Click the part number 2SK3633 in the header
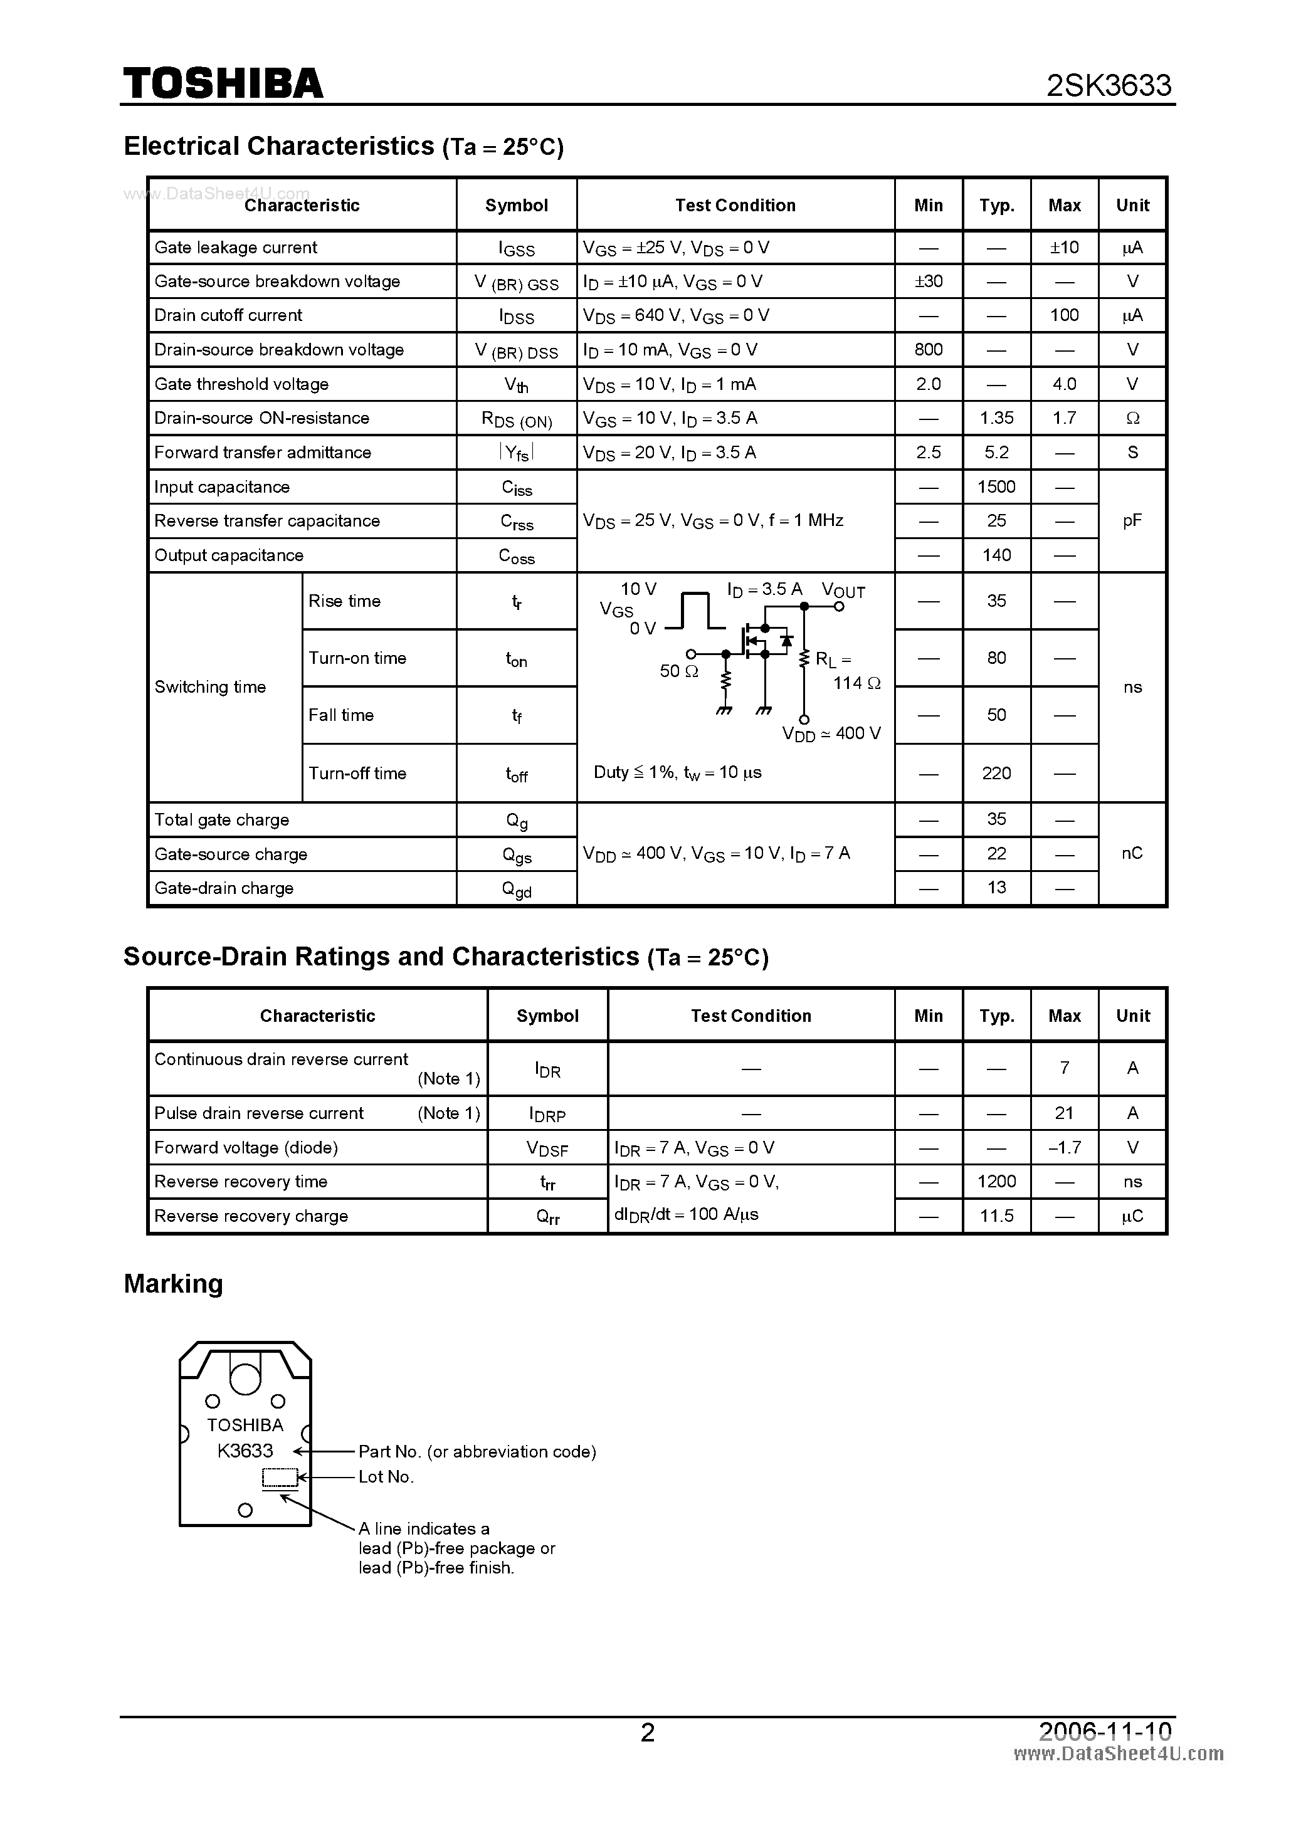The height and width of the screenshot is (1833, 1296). coord(1109,85)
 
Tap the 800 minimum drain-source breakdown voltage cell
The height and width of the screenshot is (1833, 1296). coord(928,350)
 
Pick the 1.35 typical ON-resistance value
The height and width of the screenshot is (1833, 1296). coord(996,418)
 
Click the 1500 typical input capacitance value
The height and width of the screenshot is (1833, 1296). coord(996,487)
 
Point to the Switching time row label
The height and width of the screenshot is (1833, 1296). coord(210,687)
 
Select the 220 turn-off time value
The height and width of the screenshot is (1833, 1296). coord(996,773)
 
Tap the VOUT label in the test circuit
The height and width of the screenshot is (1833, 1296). coord(843,591)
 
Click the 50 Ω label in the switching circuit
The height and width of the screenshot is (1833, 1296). coord(679,671)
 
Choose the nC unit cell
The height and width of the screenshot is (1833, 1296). coord(1132,853)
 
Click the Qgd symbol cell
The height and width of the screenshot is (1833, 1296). coord(516,888)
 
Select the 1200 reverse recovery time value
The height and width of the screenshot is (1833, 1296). coord(996,1182)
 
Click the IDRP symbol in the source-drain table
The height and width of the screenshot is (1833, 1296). coord(547,1114)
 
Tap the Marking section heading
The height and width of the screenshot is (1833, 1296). coord(173,1284)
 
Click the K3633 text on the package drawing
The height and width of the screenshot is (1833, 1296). coord(245,1451)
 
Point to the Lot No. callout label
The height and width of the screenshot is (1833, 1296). coord(386,1477)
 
